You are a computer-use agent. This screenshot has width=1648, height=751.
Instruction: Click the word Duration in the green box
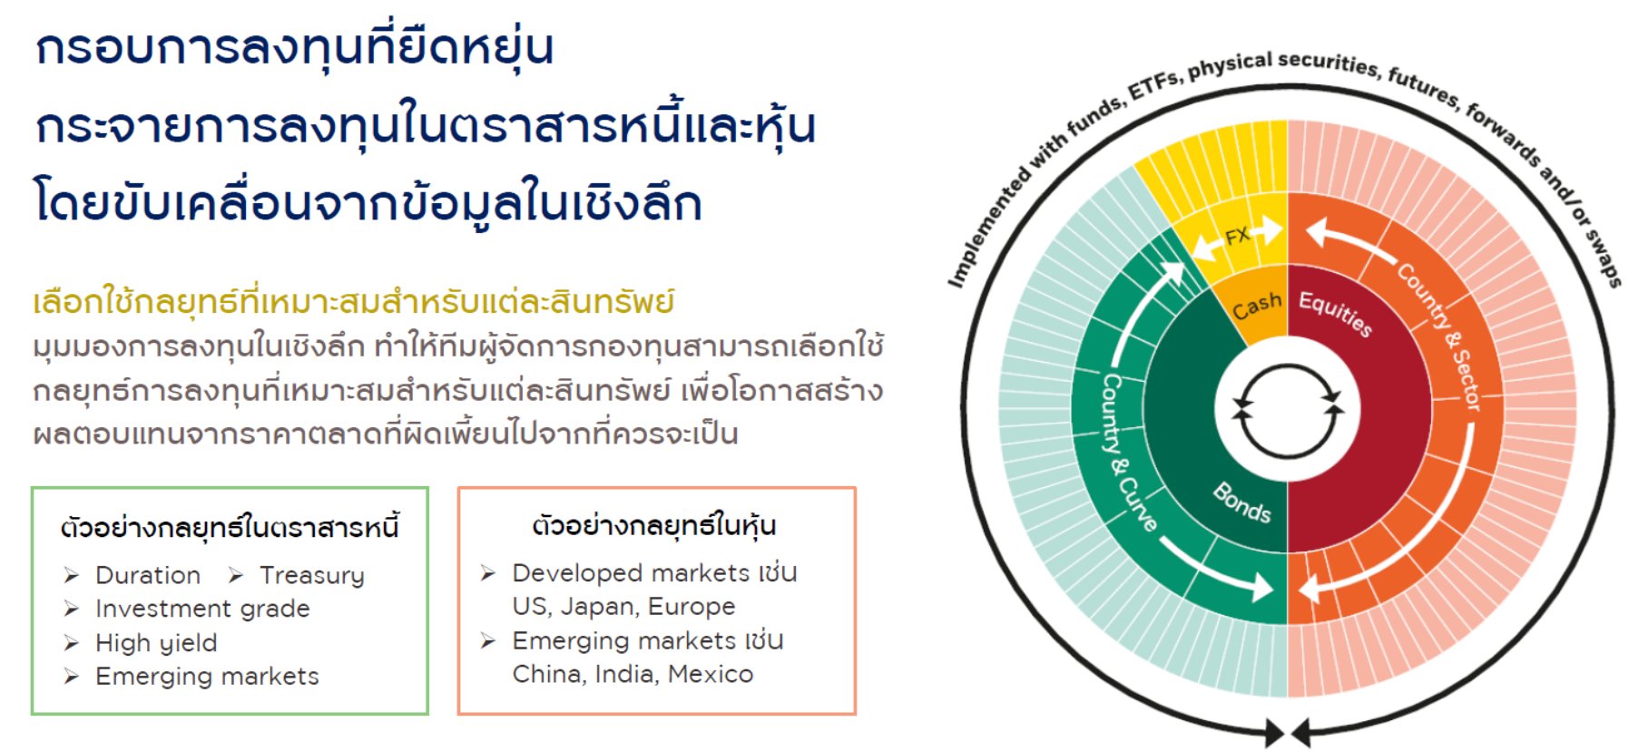click(148, 575)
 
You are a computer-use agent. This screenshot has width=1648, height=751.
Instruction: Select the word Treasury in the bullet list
click(312, 576)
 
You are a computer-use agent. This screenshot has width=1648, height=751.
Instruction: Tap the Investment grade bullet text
click(202, 609)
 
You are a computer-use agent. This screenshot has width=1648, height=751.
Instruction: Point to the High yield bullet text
click(156, 643)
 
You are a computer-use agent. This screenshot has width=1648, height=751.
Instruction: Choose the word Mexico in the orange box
click(711, 674)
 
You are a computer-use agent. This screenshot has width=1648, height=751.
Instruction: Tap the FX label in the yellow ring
click(1238, 237)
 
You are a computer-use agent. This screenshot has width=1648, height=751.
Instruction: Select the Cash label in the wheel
click(1257, 306)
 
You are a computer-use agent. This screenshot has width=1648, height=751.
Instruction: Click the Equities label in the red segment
click(1335, 313)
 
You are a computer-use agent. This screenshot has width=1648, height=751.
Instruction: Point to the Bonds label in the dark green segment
click(1242, 502)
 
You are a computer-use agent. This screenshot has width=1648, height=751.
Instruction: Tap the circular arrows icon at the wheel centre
click(1287, 411)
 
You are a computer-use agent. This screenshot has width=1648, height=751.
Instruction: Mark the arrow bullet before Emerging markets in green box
click(72, 677)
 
